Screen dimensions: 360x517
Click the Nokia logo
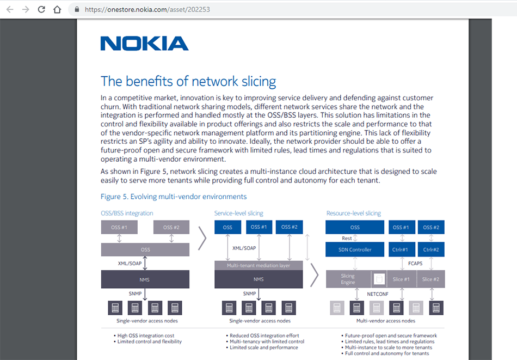[x=144, y=44]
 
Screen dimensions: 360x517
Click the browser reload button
[x=41, y=9]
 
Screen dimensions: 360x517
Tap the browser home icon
[x=57, y=9]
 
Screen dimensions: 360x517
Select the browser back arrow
[x=10, y=9]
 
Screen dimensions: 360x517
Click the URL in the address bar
[x=147, y=9]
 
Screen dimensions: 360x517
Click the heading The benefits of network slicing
[x=188, y=81]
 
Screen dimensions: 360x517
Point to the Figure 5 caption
[x=174, y=197]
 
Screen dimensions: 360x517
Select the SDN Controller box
[x=355, y=249]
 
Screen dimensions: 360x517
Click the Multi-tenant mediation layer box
[x=258, y=265]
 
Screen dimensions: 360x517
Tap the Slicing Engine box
[x=348, y=279]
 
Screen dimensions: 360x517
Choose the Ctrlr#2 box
[x=431, y=249]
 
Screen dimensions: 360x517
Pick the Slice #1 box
[x=401, y=279]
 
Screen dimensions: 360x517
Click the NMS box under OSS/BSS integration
[x=145, y=279]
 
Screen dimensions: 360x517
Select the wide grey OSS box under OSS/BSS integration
[x=145, y=249]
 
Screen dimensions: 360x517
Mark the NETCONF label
[x=378, y=293]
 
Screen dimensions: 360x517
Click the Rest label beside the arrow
[x=347, y=238]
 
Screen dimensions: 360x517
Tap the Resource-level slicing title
[x=354, y=213]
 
